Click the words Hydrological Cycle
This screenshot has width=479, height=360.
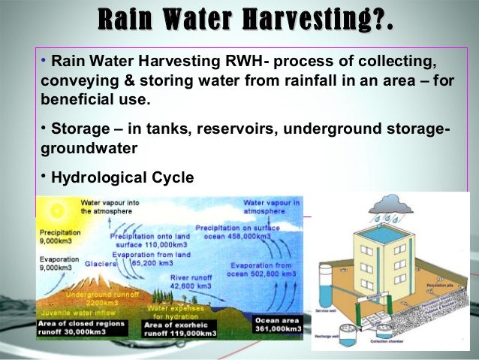[122, 177]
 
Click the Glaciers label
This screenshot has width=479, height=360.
[100, 264]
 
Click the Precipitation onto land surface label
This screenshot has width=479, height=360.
[149, 241]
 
